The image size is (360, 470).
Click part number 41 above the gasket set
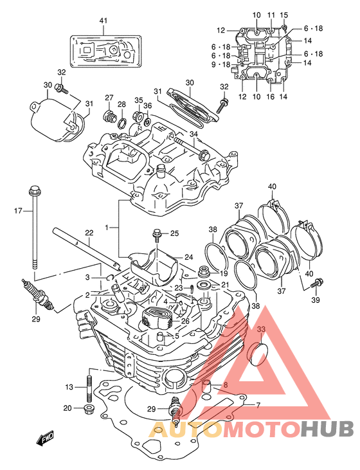(x=104, y=21)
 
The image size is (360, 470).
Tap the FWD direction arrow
(x=44, y=437)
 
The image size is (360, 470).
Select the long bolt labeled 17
(x=35, y=227)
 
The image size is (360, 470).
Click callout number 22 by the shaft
(x=89, y=233)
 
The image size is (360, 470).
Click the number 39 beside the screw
(x=316, y=300)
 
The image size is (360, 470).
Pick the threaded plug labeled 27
(x=110, y=116)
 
